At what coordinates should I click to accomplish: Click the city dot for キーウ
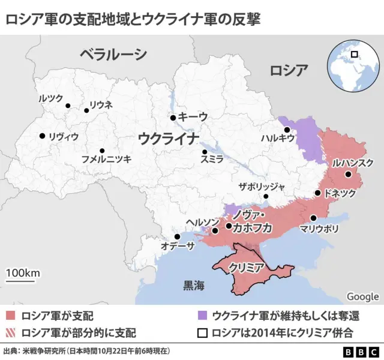point(173,118)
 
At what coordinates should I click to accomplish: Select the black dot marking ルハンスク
point(348,175)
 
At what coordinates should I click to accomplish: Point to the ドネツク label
point(340,194)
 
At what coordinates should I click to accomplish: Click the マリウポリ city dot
point(313,218)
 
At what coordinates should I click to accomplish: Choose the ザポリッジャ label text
point(262,186)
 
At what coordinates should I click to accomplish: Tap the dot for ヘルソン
point(215,230)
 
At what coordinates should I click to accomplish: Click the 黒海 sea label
point(194,286)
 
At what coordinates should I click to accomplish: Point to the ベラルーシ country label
point(113,55)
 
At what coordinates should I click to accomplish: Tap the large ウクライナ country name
point(169,139)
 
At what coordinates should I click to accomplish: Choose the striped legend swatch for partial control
point(10,331)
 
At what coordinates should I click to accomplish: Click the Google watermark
point(362,296)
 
